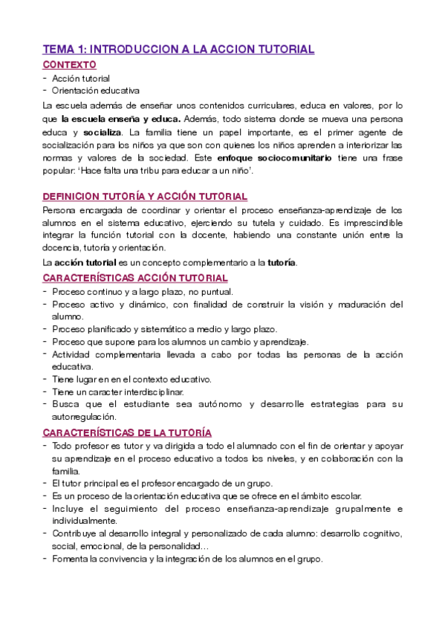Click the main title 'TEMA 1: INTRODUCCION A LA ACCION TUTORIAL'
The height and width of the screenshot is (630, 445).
click(x=178, y=49)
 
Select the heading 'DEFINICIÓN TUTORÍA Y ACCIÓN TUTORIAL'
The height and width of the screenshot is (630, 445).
click(x=145, y=196)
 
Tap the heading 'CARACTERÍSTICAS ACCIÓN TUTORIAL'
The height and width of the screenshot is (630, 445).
click(x=135, y=278)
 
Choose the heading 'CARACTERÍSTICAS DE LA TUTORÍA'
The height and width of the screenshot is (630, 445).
click(x=128, y=432)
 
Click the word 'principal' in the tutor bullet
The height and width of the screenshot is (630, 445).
click(x=105, y=484)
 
